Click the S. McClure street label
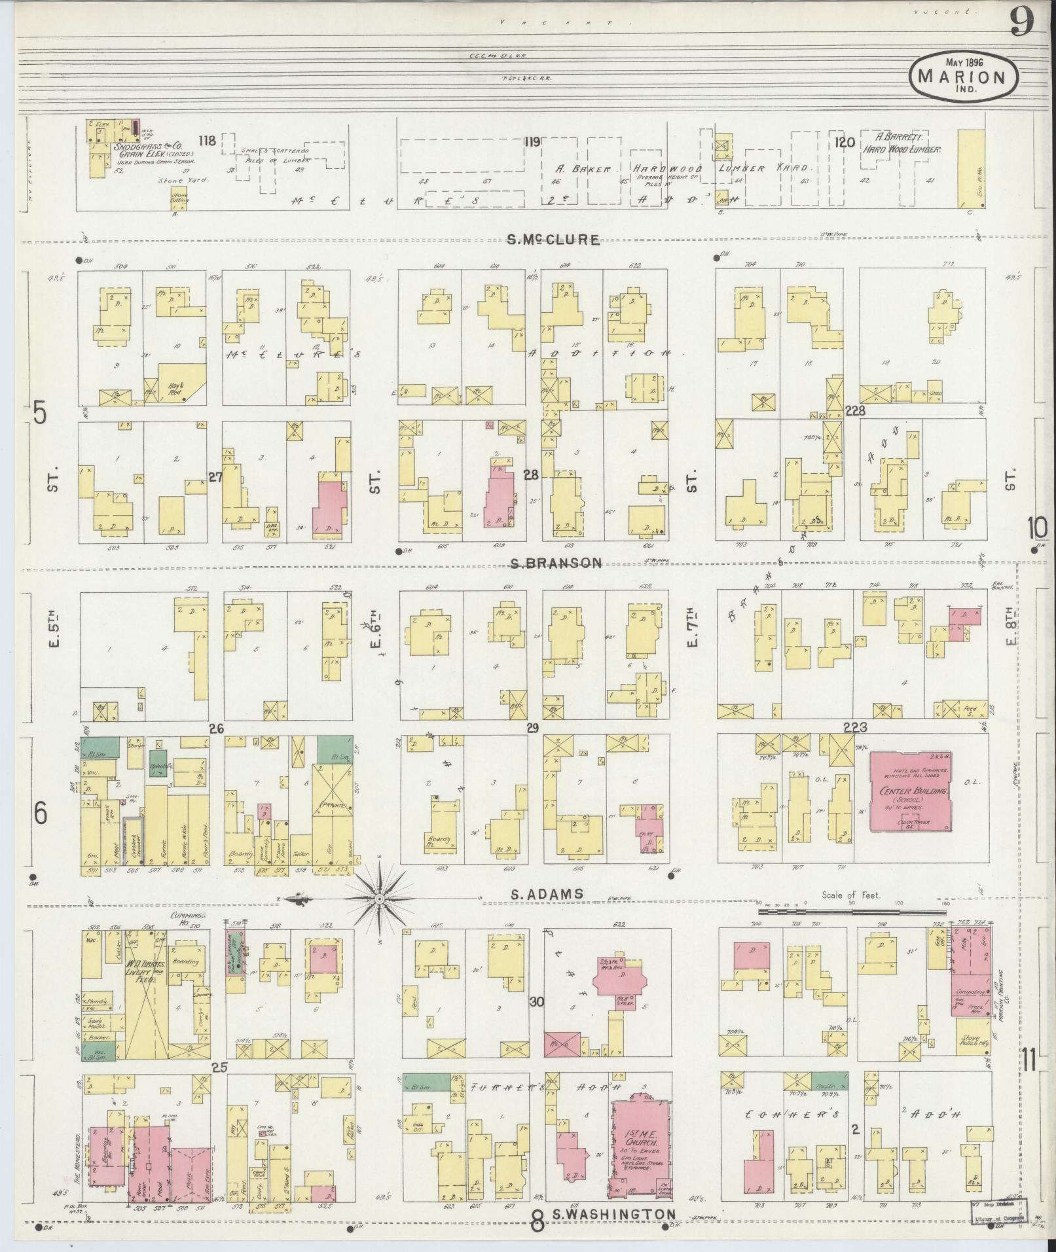pyautogui.click(x=554, y=240)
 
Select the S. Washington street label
pyautogui.click(x=613, y=1215)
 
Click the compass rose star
pyautogui.click(x=378, y=900)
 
